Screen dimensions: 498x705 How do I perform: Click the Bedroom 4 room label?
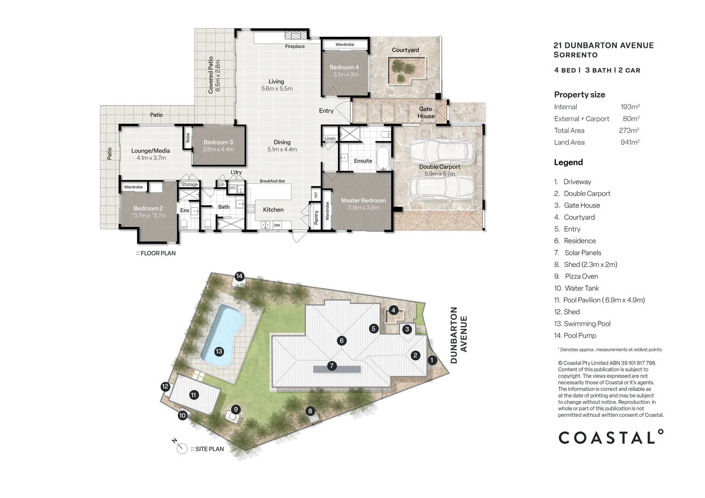coord(344,67)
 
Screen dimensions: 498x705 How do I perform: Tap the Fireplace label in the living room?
coord(294,47)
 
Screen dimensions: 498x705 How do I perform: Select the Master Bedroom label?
coord(363,201)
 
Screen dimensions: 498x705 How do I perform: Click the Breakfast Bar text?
coord(272,181)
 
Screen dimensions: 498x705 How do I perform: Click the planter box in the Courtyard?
coord(406,71)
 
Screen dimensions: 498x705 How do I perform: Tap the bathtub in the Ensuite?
coord(382,158)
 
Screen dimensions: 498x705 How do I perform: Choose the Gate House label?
coord(425,113)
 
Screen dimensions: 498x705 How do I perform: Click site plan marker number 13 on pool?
coord(219,351)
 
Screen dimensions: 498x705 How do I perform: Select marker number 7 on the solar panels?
coord(331,366)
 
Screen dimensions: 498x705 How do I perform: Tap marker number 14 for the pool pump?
coord(239,277)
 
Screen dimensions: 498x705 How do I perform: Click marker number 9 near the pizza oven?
coord(235,409)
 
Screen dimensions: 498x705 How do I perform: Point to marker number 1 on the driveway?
coord(432,360)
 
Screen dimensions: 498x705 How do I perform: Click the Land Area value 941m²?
coord(629,142)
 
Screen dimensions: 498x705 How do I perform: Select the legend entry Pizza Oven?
coord(581,277)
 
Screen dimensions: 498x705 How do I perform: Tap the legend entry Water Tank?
coord(581,288)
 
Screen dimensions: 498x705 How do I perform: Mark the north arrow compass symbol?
coord(182,448)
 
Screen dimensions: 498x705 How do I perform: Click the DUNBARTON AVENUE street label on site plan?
coord(459,335)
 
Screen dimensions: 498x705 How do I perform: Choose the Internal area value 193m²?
coord(630,107)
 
